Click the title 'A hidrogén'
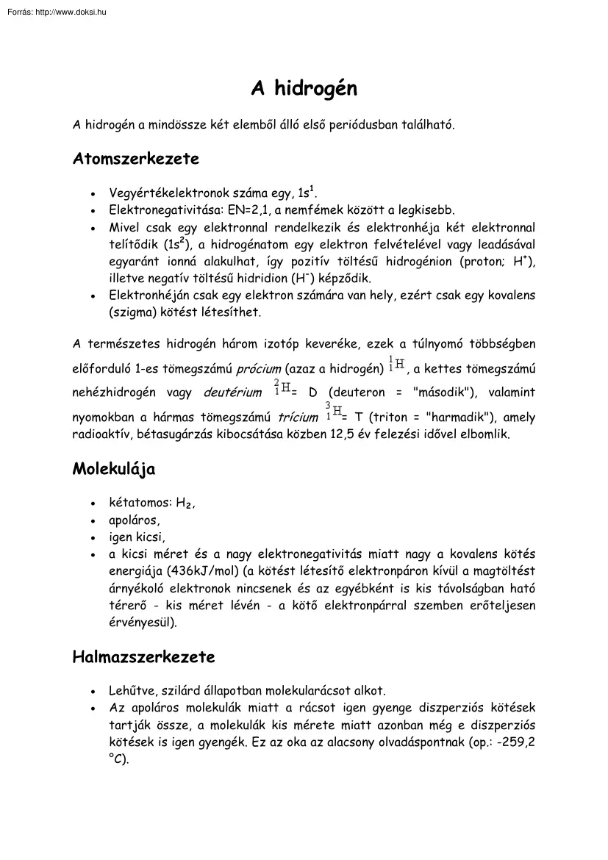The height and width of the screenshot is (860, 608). point(304,89)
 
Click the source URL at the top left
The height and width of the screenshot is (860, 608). point(55,12)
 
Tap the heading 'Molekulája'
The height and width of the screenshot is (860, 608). point(113,469)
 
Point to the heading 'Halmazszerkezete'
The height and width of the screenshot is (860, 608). point(143,656)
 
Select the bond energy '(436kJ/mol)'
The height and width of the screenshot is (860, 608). point(205,570)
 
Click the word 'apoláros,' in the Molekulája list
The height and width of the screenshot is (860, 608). point(135,520)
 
